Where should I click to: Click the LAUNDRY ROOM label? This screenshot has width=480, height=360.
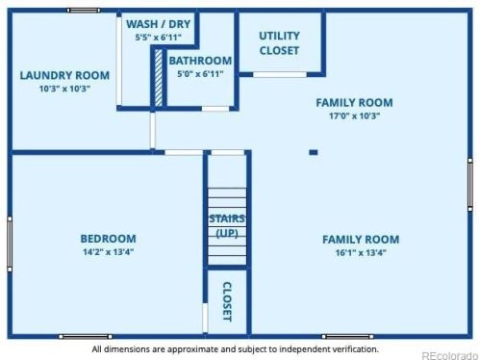(x=64, y=75)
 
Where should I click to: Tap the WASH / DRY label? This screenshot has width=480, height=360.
(x=159, y=24)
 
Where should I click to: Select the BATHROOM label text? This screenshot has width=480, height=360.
(x=200, y=61)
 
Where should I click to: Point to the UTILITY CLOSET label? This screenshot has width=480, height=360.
(x=279, y=43)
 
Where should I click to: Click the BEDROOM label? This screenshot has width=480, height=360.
(x=108, y=239)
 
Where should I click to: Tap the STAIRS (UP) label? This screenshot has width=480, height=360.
(x=227, y=226)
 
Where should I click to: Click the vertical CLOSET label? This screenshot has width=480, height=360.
(x=227, y=301)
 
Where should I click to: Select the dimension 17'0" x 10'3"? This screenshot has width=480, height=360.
(x=354, y=116)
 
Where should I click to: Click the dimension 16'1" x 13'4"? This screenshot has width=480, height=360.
(x=361, y=253)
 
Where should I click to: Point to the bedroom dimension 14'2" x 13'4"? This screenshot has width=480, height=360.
(x=108, y=252)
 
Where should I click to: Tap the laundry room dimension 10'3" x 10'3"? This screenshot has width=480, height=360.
(x=64, y=89)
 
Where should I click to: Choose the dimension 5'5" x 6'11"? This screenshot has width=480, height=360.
(x=159, y=38)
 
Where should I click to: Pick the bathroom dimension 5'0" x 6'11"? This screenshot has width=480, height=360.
(x=200, y=74)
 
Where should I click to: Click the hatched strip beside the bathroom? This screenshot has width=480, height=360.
(x=159, y=78)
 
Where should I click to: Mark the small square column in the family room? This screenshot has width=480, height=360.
(x=314, y=152)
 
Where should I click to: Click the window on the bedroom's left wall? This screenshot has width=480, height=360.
(x=10, y=244)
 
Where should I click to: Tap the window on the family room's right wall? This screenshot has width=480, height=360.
(x=470, y=185)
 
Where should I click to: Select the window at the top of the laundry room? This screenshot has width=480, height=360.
(x=84, y=11)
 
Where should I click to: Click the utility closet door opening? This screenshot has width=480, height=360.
(x=280, y=75)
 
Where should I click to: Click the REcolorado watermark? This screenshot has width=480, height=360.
(x=449, y=355)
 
